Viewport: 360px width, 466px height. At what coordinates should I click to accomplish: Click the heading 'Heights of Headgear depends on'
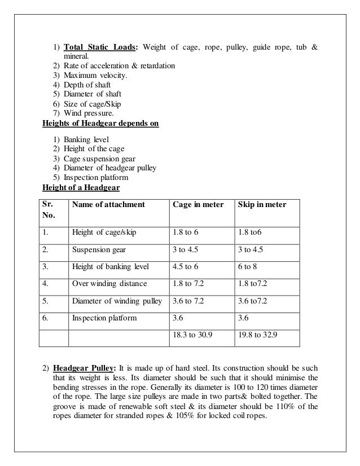point(101,124)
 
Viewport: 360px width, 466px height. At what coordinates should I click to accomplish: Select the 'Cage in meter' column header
point(197,204)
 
